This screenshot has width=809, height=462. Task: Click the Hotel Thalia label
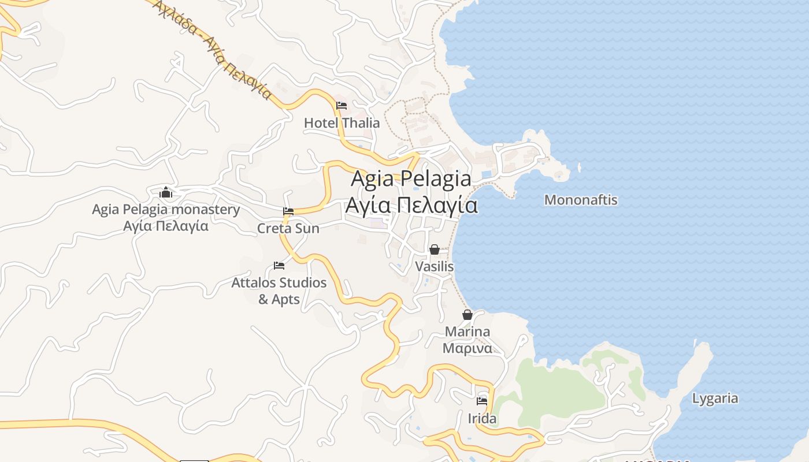(342, 123)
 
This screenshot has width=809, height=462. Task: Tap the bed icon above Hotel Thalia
(342, 106)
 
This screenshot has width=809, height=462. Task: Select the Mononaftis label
(581, 200)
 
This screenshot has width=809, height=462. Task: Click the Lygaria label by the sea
(715, 398)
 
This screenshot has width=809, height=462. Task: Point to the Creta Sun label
(288, 229)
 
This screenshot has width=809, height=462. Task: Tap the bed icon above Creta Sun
(288, 211)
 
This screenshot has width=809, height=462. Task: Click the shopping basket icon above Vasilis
(434, 249)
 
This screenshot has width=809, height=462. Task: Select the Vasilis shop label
(435, 267)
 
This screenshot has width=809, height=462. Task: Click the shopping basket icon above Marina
(467, 315)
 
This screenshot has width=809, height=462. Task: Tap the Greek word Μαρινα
(467, 348)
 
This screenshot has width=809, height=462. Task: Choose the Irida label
(482, 419)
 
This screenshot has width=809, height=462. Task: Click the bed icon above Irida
(482, 401)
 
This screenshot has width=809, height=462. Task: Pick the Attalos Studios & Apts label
(279, 291)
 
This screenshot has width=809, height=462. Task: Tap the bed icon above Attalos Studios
(279, 266)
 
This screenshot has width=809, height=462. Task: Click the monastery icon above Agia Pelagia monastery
(166, 192)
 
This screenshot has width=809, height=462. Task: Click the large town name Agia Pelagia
(411, 178)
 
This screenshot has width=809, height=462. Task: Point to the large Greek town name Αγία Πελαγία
(411, 205)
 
